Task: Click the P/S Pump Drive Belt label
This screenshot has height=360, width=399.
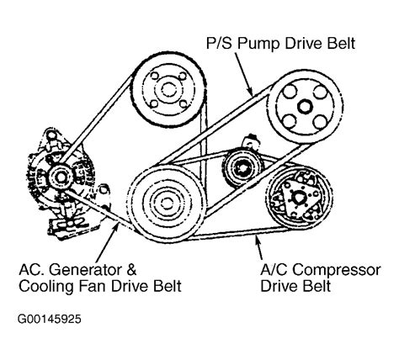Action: pos(281,44)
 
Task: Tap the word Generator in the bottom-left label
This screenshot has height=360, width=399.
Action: pos(85,270)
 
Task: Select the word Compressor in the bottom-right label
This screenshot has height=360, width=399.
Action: pos(337,271)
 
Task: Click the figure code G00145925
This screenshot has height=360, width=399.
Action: pos(50,319)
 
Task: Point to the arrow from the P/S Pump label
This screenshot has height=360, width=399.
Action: pos(243,74)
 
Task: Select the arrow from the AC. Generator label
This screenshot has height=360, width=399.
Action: pos(108,242)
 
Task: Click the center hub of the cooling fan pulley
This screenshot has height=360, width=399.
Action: pos(169,90)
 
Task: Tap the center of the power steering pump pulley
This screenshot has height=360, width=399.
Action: pos(305,107)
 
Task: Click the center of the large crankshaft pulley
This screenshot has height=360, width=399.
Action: pos(168,203)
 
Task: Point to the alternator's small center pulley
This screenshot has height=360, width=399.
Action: pos(61,177)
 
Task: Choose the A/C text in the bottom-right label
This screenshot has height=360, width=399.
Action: pos(274,270)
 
